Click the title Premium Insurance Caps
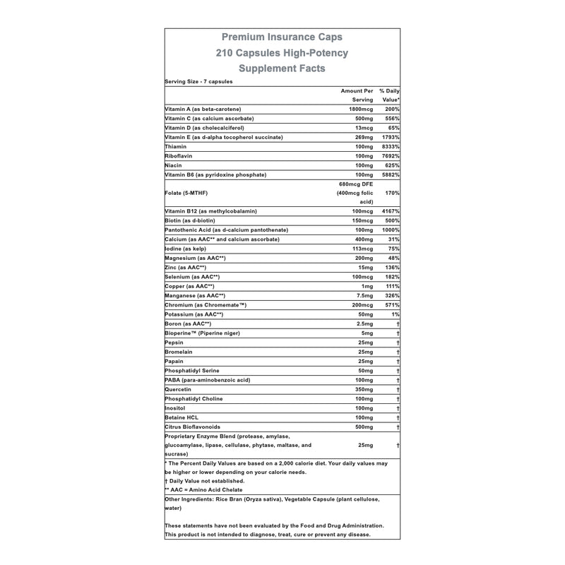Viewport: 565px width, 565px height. point(282,37)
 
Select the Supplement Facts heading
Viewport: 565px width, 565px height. point(282,69)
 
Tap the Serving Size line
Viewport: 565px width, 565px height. point(198,82)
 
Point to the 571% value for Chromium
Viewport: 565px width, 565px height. point(391,304)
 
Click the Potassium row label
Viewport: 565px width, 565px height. point(194,314)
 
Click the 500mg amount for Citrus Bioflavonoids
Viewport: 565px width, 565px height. point(362,427)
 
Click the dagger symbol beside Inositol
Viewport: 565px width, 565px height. point(399,409)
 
